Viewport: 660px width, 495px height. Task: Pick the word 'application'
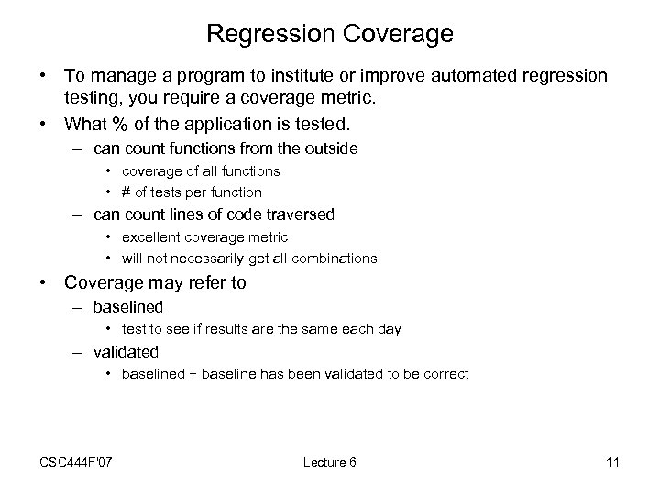click(x=235, y=122)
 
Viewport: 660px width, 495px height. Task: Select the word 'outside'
click(x=331, y=148)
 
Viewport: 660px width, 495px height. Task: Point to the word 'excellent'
click(x=150, y=236)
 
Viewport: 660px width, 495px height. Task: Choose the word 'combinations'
click(x=335, y=258)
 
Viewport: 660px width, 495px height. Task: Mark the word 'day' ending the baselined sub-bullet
click(x=390, y=328)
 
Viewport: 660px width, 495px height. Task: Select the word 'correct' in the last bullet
click(x=447, y=373)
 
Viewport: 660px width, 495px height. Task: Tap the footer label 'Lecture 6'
click(x=329, y=462)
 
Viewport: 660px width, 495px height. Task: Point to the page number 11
click(x=612, y=462)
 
